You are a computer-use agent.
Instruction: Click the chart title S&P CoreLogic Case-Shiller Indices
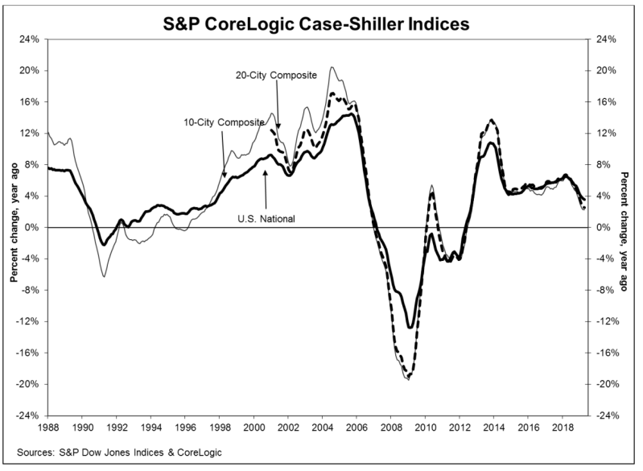pyautogui.click(x=316, y=24)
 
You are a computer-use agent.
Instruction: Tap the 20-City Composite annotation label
pyautogui.click(x=276, y=76)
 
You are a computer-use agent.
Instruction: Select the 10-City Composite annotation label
pyautogui.click(x=224, y=122)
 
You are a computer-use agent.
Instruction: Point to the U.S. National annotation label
pyautogui.click(x=266, y=219)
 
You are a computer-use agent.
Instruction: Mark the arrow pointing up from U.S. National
pyautogui.click(x=266, y=190)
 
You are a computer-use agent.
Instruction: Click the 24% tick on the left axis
pyautogui.click(x=31, y=39)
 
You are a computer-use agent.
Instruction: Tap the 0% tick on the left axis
pyautogui.click(x=33, y=227)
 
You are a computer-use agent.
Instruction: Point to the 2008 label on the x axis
pyautogui.click(x=391, y=427)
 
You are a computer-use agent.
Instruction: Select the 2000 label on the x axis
pyautogui.click(x=253, y=427)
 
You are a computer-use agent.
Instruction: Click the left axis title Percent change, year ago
pyautogui.click(x=14, y=223)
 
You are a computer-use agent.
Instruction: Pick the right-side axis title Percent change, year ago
pyautogui.click(x=624, y=232)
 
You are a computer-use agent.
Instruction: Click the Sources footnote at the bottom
pyautogui.click(x=119, y=452)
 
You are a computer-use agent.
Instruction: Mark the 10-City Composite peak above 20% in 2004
pyautogui.click(x=332, y=68)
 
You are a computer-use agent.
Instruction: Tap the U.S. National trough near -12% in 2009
pyautogui.click(x=410, y=327)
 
